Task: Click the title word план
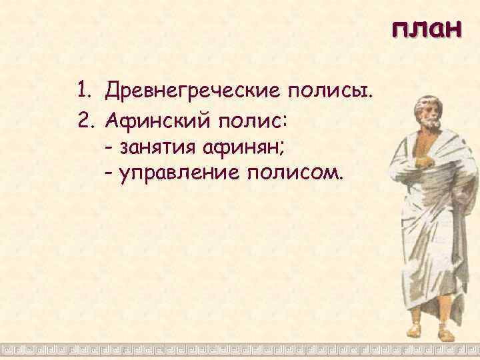(x=426, y=30)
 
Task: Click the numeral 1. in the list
(x=83, y=89)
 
